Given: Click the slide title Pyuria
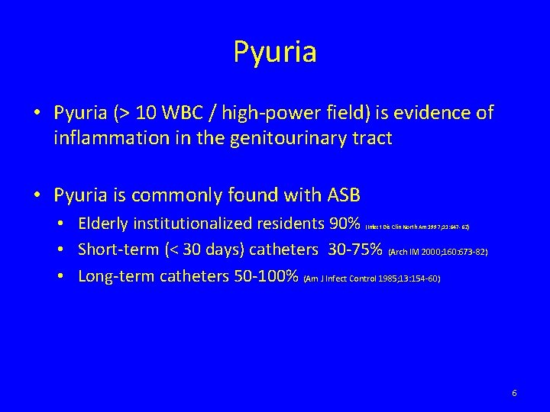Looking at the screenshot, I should [x=275, y=53].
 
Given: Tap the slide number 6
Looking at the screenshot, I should [x=514, y=393].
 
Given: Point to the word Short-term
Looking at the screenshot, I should [x=118, y=250].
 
